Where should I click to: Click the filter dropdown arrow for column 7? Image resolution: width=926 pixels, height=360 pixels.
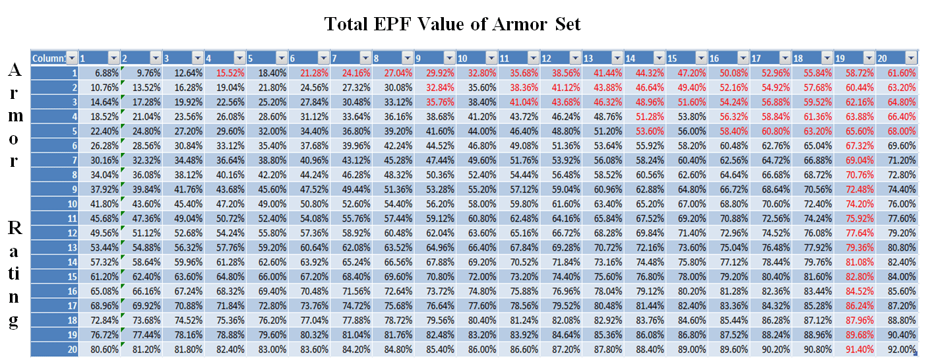point(365,57)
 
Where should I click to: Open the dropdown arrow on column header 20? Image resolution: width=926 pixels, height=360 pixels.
point(911,57)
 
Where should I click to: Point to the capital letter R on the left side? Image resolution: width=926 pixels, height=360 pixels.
point(15,228)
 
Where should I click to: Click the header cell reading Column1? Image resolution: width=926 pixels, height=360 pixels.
point(49,57)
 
